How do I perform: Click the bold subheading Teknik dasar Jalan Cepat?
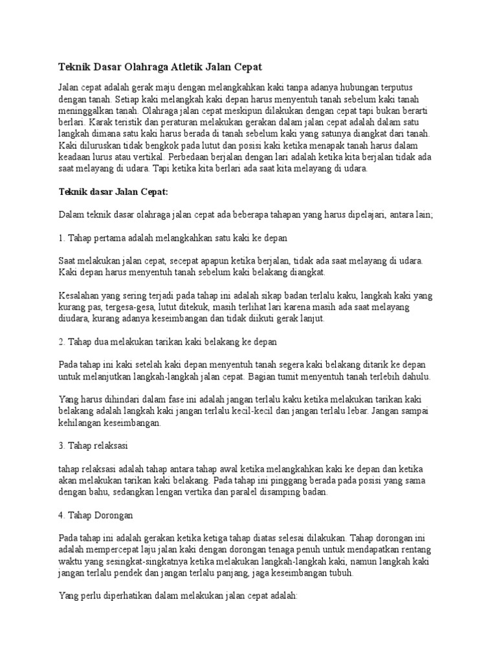113,192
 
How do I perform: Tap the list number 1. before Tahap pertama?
62,238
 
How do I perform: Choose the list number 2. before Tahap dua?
62,341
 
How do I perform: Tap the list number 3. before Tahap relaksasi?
62,446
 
